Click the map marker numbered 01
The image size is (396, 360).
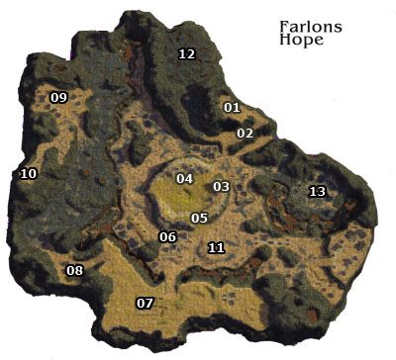pos(233,107)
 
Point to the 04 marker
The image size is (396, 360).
pos(184,179)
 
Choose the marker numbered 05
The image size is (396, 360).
pos(199,218)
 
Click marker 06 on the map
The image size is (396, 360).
pos(167,236)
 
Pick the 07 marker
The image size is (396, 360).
pos(145,303)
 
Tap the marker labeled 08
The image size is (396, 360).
pos(74,271)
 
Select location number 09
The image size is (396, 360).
pos(58,97)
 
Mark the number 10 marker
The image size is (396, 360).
pos(28,174)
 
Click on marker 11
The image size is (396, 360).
pos(216,247)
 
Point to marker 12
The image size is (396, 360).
pos(186,54)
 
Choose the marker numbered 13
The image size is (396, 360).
pos(317,191)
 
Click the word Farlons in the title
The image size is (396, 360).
pos(311,28)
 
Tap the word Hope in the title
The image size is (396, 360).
pos(300,44)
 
